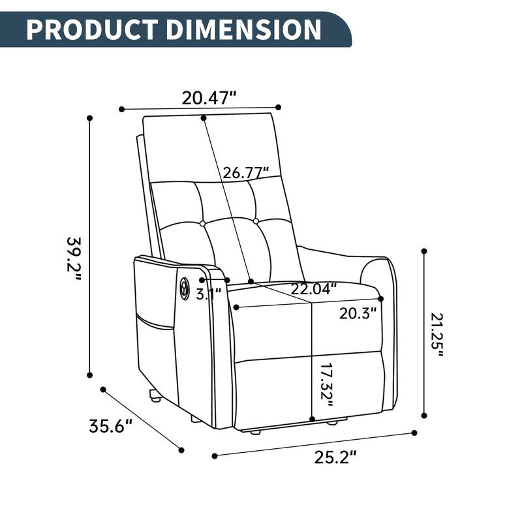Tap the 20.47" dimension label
[x=208, y=99]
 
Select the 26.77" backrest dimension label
[x=246, y=173]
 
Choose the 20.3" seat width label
[x=358, y=313]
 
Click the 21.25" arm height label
[x=437, y=335]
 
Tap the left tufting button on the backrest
[x=202, y=223]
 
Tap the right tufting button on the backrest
[x=256, y=222]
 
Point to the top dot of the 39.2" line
[x=90, y=118]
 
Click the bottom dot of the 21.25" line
[x=425, y=414]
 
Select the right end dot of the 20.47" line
[x=279, y=107]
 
